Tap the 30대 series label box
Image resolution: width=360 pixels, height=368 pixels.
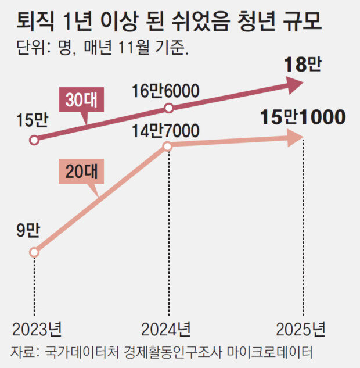tap(81, 101)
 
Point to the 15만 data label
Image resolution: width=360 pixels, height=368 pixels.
tap(32, 120)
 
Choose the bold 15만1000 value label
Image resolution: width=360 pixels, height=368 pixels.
tap(302, 117)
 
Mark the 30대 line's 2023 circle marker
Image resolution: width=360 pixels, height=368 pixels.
tap(34, 140)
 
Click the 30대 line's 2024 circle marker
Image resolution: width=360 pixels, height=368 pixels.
tap(168, 108)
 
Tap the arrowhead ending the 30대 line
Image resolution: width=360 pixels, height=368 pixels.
tap(296, 86)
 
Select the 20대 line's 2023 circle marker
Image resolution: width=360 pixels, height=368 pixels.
tap(34, 252)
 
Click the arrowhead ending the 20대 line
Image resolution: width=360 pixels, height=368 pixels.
tap(296, 138)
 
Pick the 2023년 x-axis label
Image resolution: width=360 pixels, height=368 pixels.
tap(37, 330)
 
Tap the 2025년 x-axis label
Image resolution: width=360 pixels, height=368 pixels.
tap(301, 330)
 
